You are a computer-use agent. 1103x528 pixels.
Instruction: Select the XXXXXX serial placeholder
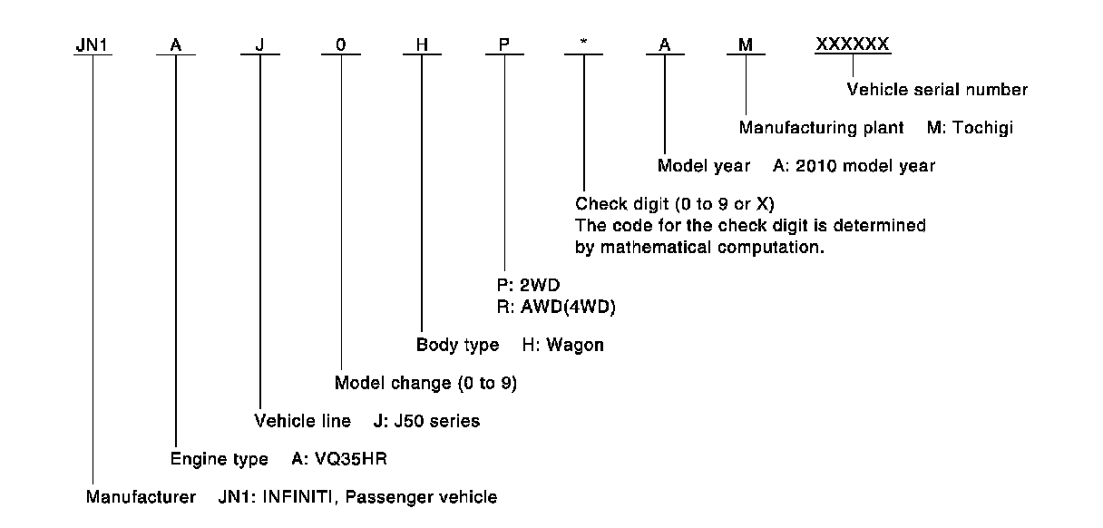(x=852, y=44)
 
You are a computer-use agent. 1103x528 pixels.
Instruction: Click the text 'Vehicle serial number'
(x=937, y=90)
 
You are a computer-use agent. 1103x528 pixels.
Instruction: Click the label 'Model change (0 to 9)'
(x=425, y=383)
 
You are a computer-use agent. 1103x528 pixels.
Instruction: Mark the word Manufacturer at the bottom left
(x=141, y=497)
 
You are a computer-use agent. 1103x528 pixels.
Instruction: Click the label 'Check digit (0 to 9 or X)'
(x=675, y=204)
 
